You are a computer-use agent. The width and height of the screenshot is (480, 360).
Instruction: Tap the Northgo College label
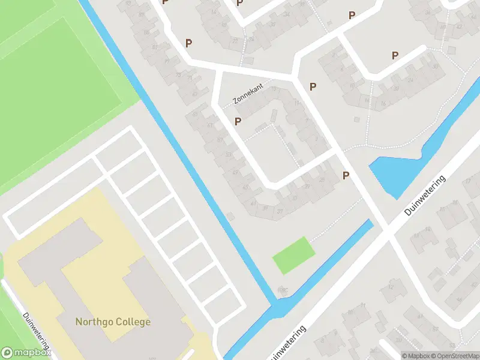(113, 322)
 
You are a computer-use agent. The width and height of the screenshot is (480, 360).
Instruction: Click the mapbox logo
(25, 353)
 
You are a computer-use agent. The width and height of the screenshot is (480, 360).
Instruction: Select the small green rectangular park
(293, 256)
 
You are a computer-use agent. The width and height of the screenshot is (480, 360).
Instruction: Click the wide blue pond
(393, 174)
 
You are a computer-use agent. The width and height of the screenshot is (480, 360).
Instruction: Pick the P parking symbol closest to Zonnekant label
(238, 122)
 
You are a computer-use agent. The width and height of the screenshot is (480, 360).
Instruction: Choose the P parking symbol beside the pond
(346, 175)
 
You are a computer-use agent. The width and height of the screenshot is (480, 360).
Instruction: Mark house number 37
(265, 208)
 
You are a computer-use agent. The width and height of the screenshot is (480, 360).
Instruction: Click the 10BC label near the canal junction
(283, 290)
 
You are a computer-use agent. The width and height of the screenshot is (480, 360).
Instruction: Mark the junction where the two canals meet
(278, 310)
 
